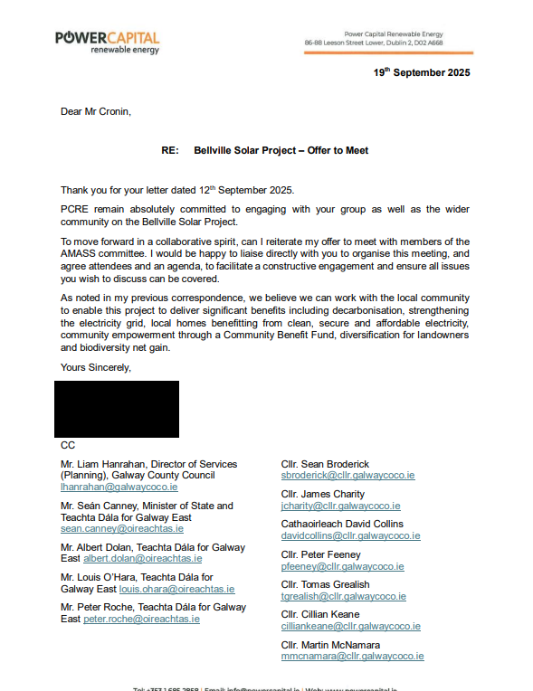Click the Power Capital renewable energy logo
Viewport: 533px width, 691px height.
point(107,42)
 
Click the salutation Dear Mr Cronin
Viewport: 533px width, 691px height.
point(96,112)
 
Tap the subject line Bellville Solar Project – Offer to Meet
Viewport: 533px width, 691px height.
point(281,150)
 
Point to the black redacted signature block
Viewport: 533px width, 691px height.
point(117,409)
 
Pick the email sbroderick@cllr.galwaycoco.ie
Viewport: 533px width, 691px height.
point(347,476)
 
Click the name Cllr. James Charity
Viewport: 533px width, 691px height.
point(323,494)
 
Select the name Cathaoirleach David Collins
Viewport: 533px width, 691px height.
point(342,524)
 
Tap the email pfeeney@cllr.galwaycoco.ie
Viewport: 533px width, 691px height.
point(342,566)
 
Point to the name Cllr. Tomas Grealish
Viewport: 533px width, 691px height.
point(325,584)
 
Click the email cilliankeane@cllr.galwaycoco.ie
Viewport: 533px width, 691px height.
point(352,626)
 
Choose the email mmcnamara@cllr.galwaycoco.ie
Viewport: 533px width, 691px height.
point(352,656)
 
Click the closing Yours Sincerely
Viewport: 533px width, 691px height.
point(96,367)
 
